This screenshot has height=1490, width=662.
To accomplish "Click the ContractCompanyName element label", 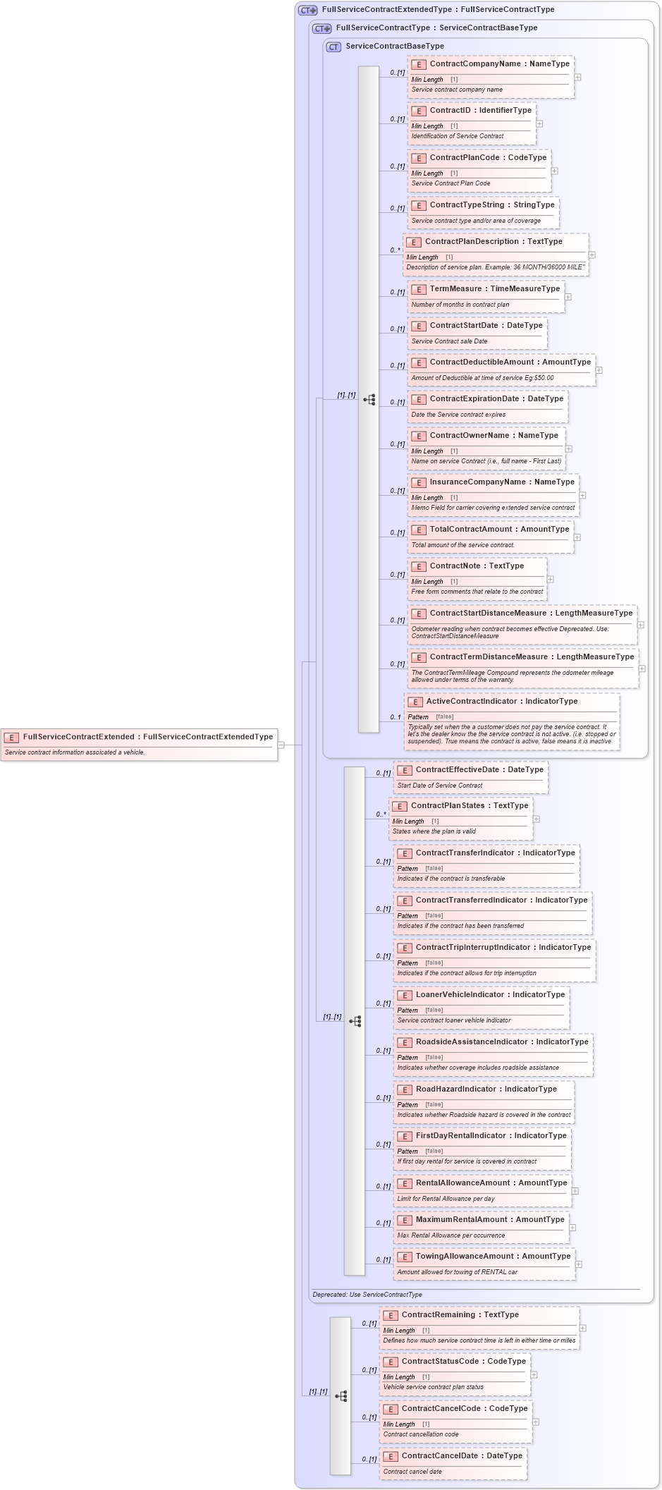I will coord(499,64).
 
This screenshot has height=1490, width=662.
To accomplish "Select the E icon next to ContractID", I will coord(418,111).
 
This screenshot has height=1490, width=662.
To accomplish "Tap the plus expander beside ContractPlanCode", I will coord(554,171).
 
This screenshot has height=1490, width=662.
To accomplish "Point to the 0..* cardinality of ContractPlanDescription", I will coord(395,250).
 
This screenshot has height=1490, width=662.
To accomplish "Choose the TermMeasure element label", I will coord(494,289).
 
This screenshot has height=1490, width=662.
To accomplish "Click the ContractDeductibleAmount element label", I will coord(510,362).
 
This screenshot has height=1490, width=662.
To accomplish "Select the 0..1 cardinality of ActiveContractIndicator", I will coord(396,717).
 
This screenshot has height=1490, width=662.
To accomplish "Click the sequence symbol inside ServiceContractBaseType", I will coord(369,399).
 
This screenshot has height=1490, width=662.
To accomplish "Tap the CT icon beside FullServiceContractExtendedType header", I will coord(307,10).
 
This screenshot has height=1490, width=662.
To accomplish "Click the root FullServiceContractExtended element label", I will coord(147,737).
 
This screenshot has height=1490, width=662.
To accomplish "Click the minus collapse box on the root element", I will coord(281,745).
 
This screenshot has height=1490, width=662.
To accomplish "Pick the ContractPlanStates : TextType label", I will coord(469,806).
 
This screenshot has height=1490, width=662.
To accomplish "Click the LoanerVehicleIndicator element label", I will coord(490,995).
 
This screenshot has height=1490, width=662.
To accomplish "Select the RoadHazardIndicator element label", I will coord(486,1089).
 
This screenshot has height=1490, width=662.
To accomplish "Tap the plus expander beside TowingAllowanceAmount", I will coord(578,1264).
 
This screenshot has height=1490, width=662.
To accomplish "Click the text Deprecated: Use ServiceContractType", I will coord(367,1295).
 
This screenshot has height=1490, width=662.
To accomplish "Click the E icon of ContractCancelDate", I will coord(390,1457).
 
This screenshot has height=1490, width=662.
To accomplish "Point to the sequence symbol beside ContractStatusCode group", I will coord(341,1396).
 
